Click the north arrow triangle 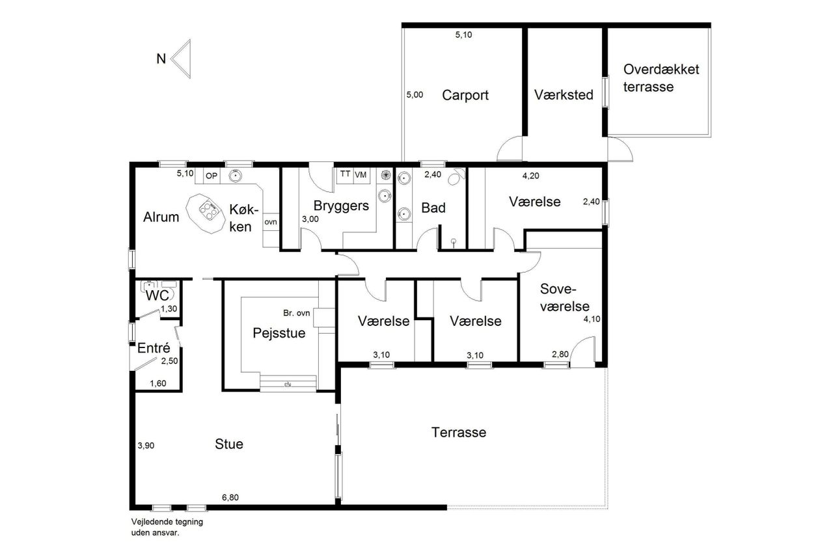(183, 59)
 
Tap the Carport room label (465, 95)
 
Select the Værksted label (564, 95)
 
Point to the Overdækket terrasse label (661, 78)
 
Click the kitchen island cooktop (209, 211)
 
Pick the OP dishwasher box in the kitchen (212, 176)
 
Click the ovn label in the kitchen (271, 222)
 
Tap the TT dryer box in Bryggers (345, 175)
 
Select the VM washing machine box (361, 175)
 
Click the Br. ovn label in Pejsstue (296, 313)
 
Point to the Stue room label (229, 444)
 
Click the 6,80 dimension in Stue (230, 497)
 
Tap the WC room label (157, 295)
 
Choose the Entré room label (154, 348)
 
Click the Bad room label (433, 208)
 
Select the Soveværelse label (564, 297)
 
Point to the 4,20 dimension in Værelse (530, 176)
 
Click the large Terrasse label (459, 432)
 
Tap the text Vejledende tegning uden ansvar (167, 527)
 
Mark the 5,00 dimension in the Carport (415, 95)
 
